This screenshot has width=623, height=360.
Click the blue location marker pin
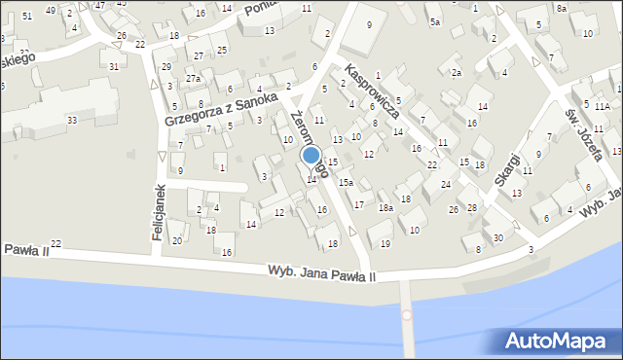pyautogui.click(x=311, y=156)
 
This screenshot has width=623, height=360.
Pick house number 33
pyautogui.click(x=72, y=120)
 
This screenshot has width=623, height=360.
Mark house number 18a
pyautogui.click(x=385, y=207)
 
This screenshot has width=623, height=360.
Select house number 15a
pyautogui.click(x=346, y=182)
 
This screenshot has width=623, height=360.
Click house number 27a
pyautogui.click(x=194, y=79)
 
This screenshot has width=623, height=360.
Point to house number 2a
pyautogui.click(x=456, y=73)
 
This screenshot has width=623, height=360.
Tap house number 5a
pyautogui.click(x=435, y=21)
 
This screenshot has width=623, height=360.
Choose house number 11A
pyautogui.click(x=604, y=105)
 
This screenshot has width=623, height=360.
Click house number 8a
pyautogui.click(x=562, y=8)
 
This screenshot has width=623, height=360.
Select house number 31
pyautogui.click(x=114, y=66)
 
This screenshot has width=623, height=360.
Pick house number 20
pyautogui.click(x=176, y=240)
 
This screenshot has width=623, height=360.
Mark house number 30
pyautogui.click(x=498, y=237)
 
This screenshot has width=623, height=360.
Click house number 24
pyautogui.click(x=445, y=184)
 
